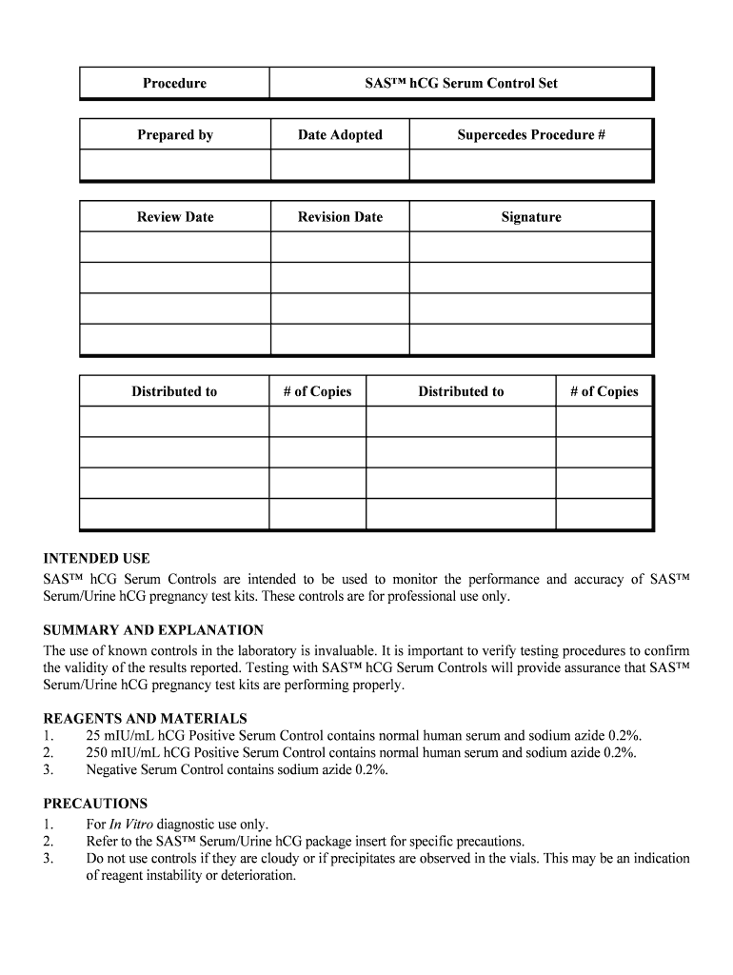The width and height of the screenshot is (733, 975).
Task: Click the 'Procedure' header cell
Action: click(174, 83)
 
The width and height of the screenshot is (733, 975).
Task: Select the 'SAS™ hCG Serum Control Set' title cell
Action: click(462, 83)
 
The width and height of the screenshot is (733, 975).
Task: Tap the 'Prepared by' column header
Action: click(174, 135)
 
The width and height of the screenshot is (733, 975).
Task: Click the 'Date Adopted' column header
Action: click(340, 135)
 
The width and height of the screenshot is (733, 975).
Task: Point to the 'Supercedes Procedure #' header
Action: click(531, 135)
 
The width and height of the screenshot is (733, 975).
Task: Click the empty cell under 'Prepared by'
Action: click(174, 165)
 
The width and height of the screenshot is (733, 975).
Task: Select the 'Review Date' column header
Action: click(174, 217)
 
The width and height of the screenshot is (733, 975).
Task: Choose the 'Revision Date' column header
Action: click(340, 217)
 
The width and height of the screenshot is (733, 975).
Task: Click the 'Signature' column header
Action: click(531, 217)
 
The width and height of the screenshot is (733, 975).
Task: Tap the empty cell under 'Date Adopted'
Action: click(340, 165)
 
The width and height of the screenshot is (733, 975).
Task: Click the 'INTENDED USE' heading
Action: click(96, 559)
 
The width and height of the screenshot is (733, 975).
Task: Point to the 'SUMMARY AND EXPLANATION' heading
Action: click(153, 630)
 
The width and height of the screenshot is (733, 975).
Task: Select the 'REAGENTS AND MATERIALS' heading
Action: click(145, 719)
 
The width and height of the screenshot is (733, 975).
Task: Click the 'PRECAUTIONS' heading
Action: click(95, 804)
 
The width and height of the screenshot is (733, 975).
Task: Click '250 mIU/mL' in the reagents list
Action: click(118, 753)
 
